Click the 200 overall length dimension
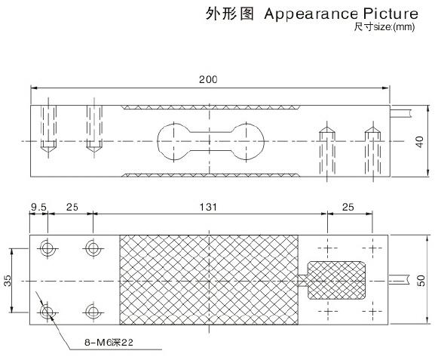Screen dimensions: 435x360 coord(208,80)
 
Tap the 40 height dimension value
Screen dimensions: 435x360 coord(420,142)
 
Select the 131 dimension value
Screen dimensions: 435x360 coord(208,208)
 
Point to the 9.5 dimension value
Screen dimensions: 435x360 coord(38,208)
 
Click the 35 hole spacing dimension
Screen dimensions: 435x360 coord(8,281)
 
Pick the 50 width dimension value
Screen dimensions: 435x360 coord(421,281)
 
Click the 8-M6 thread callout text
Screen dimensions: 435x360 coord(109,342)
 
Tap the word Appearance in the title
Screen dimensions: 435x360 coord(311,14)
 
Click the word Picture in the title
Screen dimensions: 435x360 coord(391,14)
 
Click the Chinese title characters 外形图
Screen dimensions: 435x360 coord(229,14)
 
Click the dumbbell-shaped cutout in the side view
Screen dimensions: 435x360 coord(211,142)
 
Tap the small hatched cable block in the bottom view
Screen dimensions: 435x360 coord(336,280)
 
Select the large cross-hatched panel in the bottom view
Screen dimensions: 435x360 coord(209,280)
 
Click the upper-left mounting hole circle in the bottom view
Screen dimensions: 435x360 coord(47,248)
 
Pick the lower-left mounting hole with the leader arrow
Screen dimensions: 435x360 coord(47,312)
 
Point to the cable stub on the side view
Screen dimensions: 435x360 coord(400,113)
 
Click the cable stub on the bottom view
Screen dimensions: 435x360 coord(399,280)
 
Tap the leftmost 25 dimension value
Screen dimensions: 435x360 coord(72,208)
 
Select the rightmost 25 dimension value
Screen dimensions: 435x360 coord(348,208)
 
